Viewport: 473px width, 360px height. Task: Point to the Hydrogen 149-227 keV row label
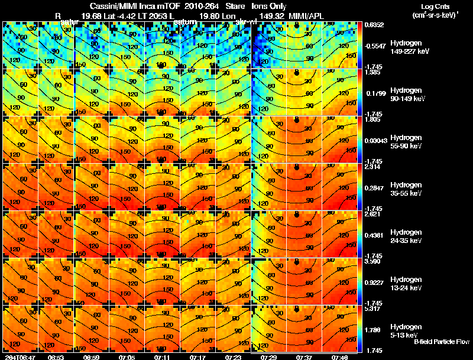tap(405, 47)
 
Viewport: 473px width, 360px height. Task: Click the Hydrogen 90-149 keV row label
tap(405, 94)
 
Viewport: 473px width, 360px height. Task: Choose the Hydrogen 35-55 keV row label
tap(405, 189)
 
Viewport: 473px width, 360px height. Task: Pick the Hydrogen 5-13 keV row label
tap(405, 330)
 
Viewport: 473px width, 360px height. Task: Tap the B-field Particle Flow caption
tap(442, 342)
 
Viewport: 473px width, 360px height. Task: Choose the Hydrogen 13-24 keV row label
tap(405, 283)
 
